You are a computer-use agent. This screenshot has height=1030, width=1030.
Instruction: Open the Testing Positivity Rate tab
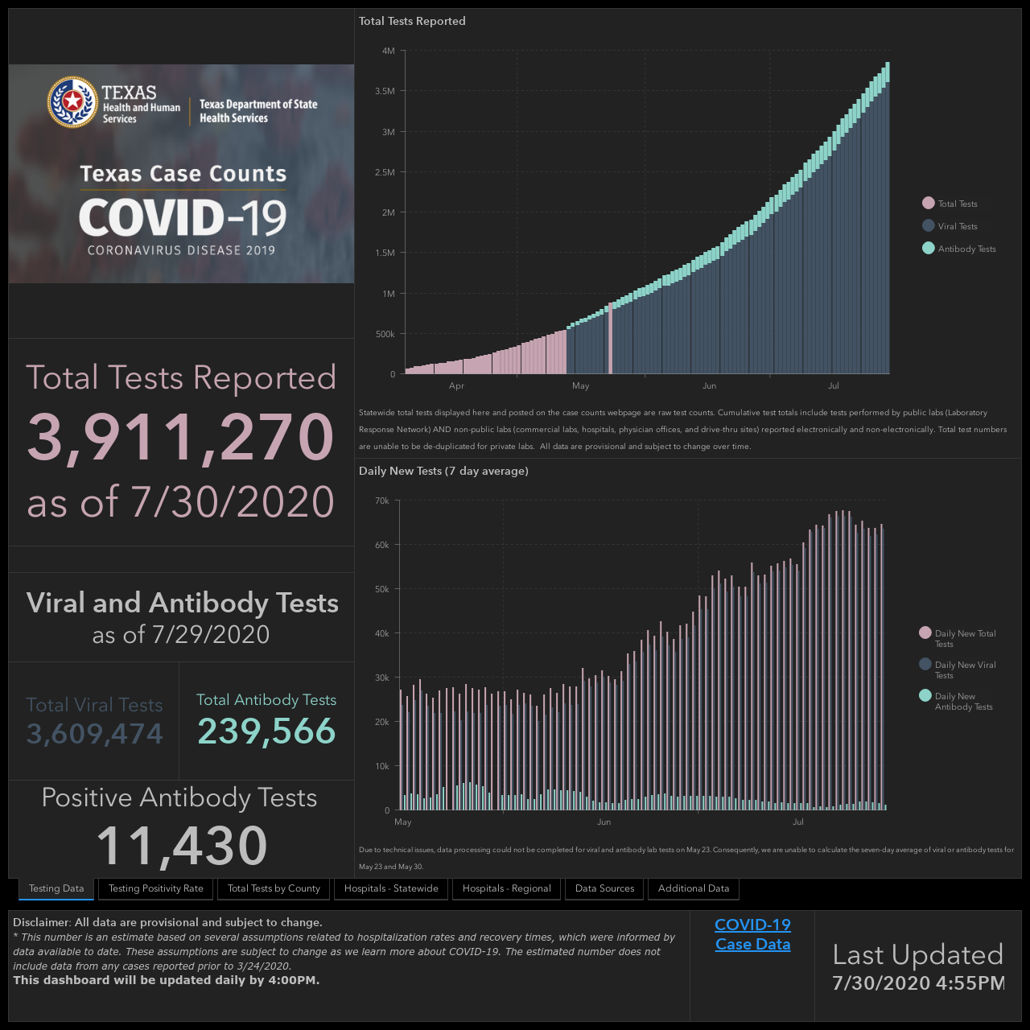[155, 888]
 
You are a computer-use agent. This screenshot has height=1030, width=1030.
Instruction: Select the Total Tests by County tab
[274, 888]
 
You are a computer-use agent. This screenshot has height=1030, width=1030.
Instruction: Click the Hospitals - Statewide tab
[391, 888]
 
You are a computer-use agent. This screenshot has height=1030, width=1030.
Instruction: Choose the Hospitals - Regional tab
[506, 888]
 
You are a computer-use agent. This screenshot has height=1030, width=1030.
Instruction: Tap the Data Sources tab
[604, 888]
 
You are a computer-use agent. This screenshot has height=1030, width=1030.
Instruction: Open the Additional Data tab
[694, 888]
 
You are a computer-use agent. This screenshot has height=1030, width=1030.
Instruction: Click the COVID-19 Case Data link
[752, 934]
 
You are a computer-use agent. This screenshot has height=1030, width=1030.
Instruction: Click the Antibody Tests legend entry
[959, 249]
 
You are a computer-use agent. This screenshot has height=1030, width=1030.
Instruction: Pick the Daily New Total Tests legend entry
[958, 638]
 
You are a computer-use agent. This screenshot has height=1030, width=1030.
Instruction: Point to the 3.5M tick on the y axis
[385, 92]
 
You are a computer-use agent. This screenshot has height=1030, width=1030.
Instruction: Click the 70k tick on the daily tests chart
[382, 501]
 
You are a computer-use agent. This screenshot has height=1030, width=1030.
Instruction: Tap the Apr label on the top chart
[456, 386]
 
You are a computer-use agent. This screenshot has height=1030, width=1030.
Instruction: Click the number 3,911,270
[181, 437]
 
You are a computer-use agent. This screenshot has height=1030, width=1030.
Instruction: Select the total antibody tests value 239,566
[266, 731]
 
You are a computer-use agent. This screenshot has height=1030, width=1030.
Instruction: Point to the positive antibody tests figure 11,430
[182, 845]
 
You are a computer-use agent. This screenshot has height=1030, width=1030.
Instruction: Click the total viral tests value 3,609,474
[95, 733]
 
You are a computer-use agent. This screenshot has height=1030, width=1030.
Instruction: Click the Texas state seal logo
[72, 101]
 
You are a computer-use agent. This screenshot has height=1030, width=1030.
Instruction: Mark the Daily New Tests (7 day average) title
[443, 471]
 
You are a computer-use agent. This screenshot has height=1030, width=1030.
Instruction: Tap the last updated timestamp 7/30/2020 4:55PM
[918, 983]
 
